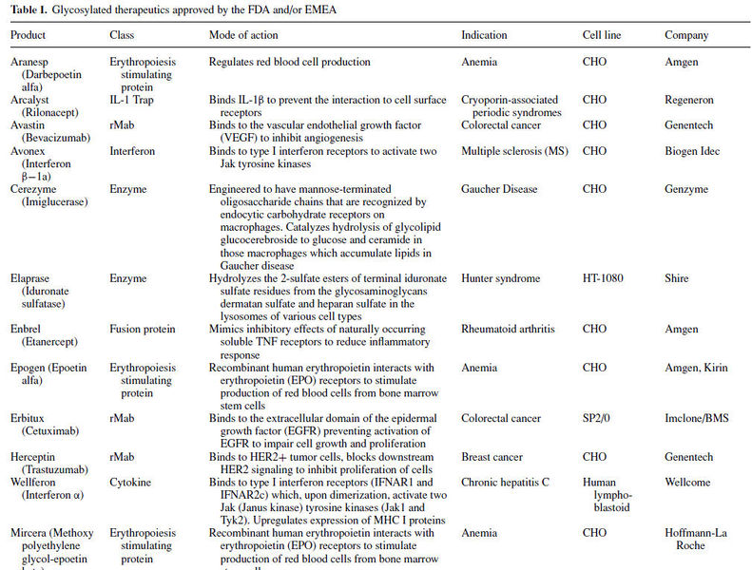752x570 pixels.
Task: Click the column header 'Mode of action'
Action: [x=245, y=35]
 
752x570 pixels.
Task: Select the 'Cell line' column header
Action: [x=603, y=35]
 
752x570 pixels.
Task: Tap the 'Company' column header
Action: [x=686, y=35]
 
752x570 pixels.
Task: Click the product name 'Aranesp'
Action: [x=30, y=62]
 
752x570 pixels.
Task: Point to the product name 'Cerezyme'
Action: [x=33, y=190]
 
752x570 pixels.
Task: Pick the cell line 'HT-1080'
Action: [x=605, y=278]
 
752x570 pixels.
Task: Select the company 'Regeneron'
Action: [x=689, y=99]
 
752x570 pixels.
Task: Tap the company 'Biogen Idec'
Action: [x=692, y=151]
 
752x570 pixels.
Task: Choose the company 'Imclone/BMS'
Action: [x=696, y=418]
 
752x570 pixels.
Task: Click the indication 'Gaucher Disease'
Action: [x=500, y=190]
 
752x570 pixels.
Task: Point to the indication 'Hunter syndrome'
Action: [x=500, y=278]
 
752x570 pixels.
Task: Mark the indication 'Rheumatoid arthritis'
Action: [x=509, y=330]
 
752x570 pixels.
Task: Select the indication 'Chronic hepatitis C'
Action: [x=508, y=483]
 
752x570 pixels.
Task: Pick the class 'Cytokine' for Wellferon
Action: [x=131, y=483]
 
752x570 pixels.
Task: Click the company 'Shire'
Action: [x=678, y=278]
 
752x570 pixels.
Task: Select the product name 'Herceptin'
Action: [x=33, y=457]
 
